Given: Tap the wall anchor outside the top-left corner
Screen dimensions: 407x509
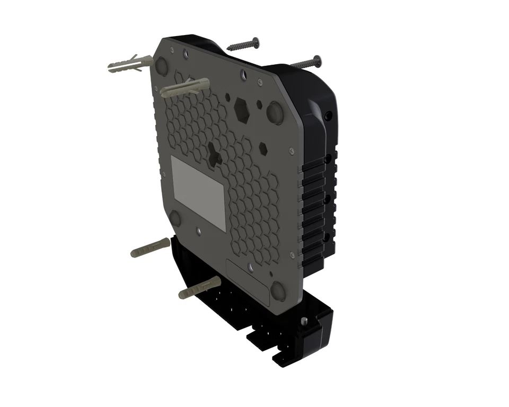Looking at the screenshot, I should [x=126, y=64].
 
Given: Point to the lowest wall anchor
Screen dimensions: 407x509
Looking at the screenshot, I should [x=199, y=287].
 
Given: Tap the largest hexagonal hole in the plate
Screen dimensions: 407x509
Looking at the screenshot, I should [x=242, y=109].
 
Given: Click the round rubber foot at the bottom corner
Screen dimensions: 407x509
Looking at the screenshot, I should [x=277, y=291].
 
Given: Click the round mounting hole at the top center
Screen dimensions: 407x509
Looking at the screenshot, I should [x=243, y=74].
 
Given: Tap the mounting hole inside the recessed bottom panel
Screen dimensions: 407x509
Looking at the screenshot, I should [x=271, y=274].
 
